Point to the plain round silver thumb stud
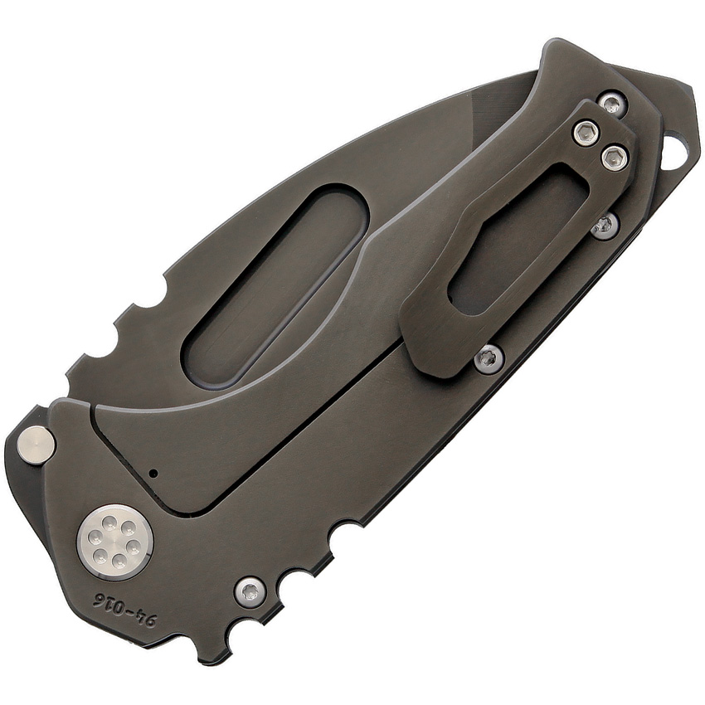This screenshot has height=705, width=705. [36, 443]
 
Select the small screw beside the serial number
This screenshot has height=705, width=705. [250, 591]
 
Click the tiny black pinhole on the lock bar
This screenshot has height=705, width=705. [153, 472]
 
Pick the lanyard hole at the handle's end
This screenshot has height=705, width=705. [677, 151]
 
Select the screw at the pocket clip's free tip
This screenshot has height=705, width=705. [489, 356]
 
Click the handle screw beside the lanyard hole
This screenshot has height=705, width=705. [611, 104]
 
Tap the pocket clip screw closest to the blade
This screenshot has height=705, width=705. [586, 132]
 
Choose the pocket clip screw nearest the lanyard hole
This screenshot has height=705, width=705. [615, 157]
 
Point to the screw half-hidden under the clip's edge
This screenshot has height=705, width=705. [605, 225]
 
